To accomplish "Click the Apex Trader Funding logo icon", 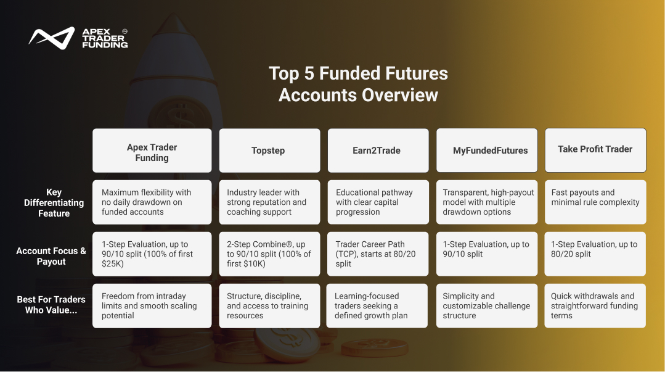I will [51, 38].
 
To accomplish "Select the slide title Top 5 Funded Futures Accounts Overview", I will [358, 84].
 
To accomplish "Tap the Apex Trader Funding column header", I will [152, 151].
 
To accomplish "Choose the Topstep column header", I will [269, 151].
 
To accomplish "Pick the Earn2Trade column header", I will [377, 151].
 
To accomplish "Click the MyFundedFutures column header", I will [486, 151].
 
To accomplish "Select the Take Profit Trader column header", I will [595, 150].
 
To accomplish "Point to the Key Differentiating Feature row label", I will [54, 202].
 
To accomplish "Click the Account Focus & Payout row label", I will [51, 256].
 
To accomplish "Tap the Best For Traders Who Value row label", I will [51, 305].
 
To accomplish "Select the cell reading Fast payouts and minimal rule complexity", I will [595, 202].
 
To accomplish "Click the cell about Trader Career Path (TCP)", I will [377, 254].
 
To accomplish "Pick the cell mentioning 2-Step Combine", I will [269, 254].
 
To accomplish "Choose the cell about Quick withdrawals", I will [595, 305].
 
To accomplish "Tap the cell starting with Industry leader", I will [269, 202].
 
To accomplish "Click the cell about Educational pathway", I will [377, 202].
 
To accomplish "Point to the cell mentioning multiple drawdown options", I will [486, 202].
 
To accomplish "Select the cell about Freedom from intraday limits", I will [152, 305].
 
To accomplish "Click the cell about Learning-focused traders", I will [377, 305].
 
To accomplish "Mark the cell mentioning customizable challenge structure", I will [486, 305].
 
